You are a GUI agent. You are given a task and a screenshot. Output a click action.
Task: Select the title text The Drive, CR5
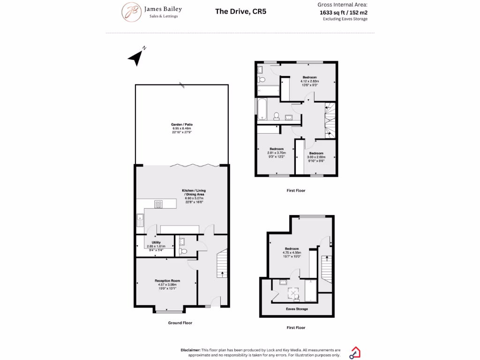click(240, 11)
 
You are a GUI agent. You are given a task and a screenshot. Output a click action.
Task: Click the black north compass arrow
click(136, 58)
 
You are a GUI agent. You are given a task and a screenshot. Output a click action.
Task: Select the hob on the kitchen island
click(159, 204)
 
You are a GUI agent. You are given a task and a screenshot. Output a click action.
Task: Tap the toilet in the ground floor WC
click(183, 252)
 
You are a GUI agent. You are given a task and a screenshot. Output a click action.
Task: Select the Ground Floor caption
click(180, 323)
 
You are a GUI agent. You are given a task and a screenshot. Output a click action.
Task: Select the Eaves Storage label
click(297, 309)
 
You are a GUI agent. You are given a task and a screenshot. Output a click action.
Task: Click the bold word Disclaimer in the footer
click(190, 350)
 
